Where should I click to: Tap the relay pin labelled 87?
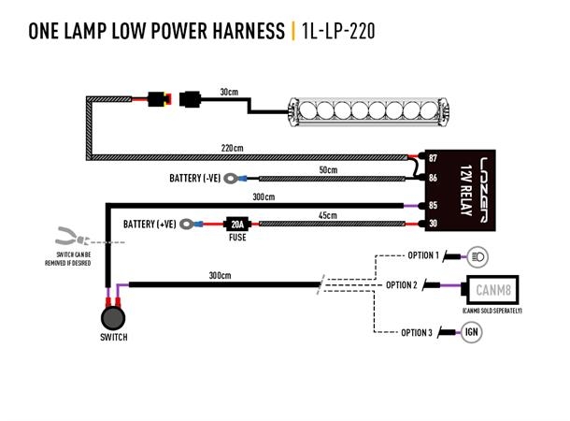click(x=433, y=159)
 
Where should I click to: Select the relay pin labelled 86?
click(x=433, y=177)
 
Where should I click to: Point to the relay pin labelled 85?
click(x=433, y=205)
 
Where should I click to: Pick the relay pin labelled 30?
click(x=433, y=223)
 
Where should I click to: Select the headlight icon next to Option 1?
click(x=478, y=255)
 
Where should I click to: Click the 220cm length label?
click(x=232, y=148)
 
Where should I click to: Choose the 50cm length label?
click(x=327, y=170)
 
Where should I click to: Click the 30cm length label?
click(x=228, y=92)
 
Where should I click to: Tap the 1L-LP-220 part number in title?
click(x=339, y=32)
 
